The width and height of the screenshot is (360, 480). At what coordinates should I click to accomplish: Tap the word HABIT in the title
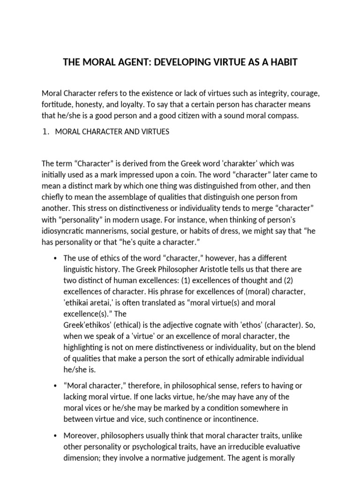tap(281, 62)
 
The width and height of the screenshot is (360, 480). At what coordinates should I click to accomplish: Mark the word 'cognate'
tap(232, 325)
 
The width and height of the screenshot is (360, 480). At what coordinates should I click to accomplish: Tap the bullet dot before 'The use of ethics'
tap(55, 259)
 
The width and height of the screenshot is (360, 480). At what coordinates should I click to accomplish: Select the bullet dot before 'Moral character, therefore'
tap(55, 385)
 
